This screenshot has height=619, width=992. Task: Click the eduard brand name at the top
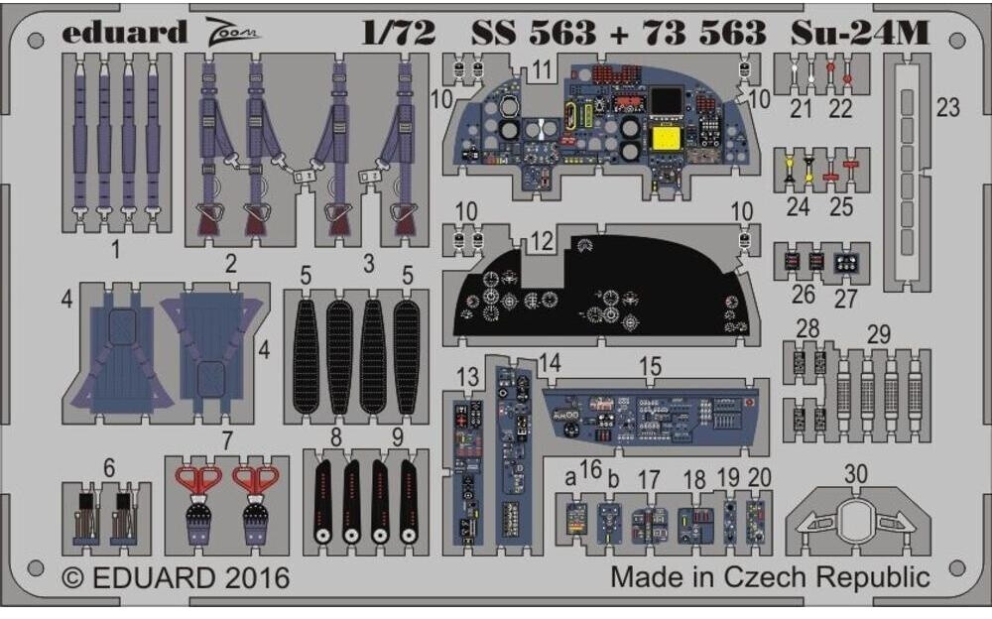click(x=123, y=34)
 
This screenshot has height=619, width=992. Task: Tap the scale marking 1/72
click(x=397, y=34)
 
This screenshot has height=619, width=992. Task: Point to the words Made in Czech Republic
click(x=770, y=576)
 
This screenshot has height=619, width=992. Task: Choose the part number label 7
click(x=227, y=439)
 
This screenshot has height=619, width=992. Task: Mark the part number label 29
click(x=878, y=335)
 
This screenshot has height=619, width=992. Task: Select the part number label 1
click(x=115, y=249)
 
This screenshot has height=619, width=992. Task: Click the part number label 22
click(x=840, y=109)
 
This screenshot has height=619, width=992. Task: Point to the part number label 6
click(x=108, y=467)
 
